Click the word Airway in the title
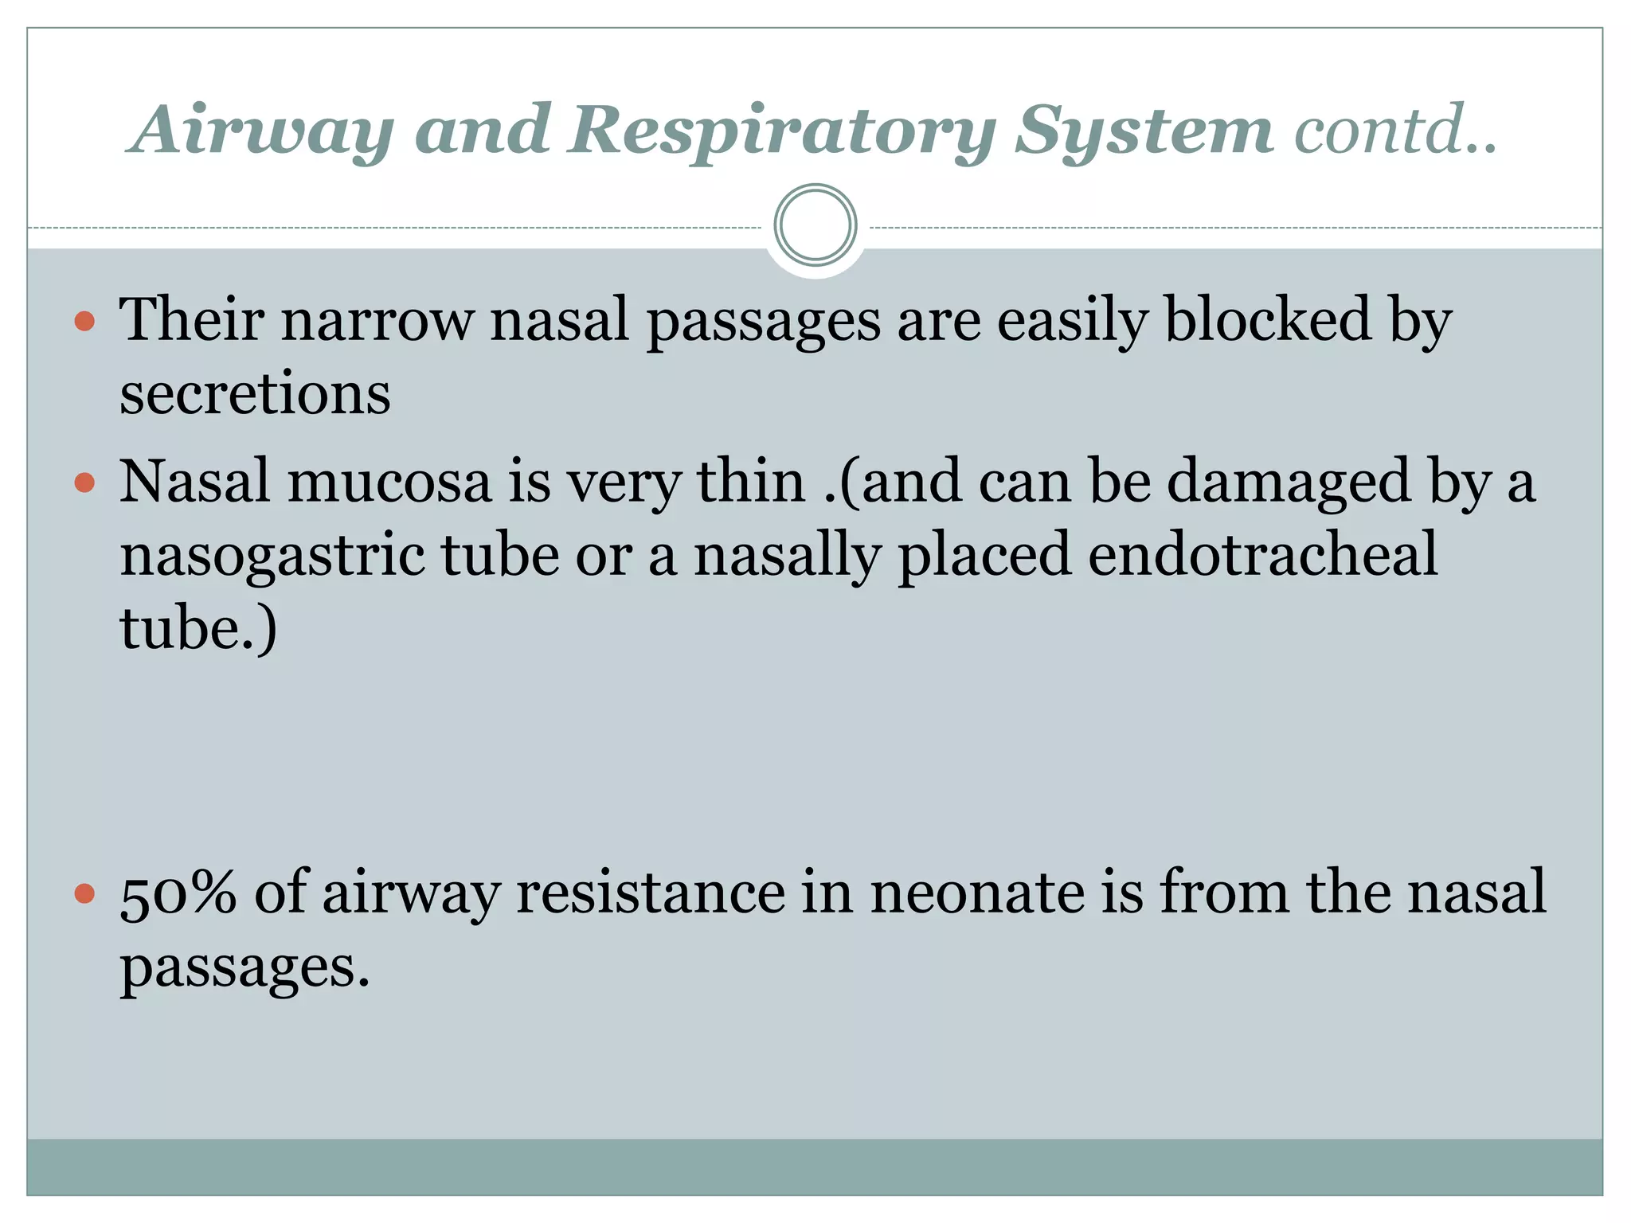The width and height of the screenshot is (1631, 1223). click(263, 131)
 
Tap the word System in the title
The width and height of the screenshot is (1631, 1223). click(1144, 131)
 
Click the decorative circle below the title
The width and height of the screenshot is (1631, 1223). click(815, 225)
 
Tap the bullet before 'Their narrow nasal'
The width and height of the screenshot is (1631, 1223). click(84, 322)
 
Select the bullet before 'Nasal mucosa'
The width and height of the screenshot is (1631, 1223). click(84, 483)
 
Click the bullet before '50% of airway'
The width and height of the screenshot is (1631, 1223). click(84, 893)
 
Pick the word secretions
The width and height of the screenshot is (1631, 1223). click(255, 394)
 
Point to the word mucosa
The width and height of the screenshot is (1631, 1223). click(389, 483)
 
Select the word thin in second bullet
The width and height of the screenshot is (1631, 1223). click(751, 483)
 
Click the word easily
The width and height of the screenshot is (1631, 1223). click(1072, 322)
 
